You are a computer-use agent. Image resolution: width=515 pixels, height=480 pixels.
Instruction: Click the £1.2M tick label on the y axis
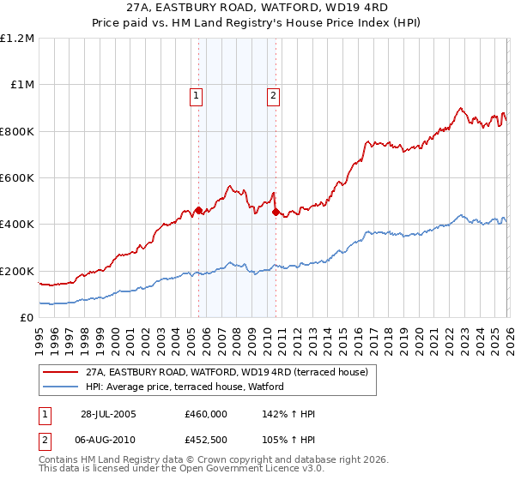17,39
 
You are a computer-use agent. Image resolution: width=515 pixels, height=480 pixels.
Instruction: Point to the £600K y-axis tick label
17,178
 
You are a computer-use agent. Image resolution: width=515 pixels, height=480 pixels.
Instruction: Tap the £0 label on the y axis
27,318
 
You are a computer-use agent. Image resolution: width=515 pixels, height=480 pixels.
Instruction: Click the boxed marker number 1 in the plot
197,96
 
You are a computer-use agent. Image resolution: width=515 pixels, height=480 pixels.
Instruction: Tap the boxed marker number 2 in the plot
274,96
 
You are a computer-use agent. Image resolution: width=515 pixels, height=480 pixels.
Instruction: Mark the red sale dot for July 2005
198,210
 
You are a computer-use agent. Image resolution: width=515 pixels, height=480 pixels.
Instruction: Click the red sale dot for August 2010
275,212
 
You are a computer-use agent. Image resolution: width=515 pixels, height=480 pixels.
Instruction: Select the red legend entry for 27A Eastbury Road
227,372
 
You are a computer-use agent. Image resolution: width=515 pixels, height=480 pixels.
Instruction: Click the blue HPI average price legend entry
191,387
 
